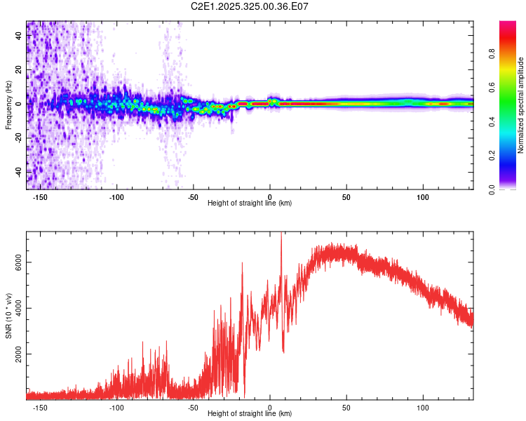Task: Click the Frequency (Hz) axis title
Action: coord(8,105)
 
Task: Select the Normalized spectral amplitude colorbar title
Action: coord(521,106)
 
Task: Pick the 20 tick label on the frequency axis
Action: coord(18,69)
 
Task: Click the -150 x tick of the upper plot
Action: coord(40,196)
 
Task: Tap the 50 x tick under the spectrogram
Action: coord(346,196)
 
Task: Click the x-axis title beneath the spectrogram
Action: coord(250,203)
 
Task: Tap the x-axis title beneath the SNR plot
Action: coord(250,414)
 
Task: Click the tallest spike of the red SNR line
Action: coord(281,234)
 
